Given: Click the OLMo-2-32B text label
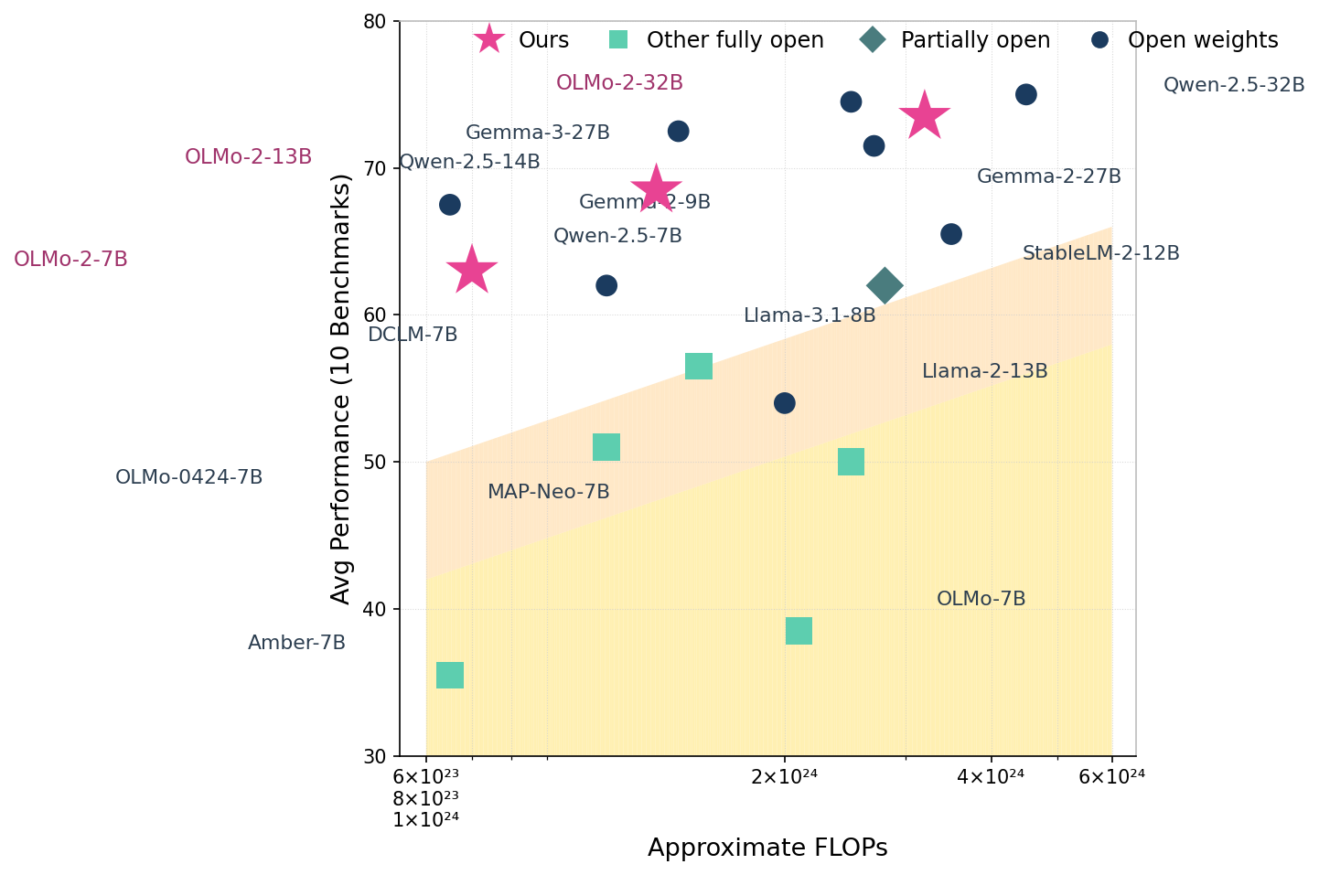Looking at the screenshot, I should [619, 83].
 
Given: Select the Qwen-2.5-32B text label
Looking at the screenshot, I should [1233, 85].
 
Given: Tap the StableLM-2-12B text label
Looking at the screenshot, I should [1100, 253].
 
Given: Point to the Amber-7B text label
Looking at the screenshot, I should [296, 643].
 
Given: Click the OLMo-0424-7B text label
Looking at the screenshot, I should [188, 477].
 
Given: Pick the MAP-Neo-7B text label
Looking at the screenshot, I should [548, 492].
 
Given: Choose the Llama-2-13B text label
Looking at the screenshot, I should [984, 371].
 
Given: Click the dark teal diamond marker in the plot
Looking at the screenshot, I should [884, 285].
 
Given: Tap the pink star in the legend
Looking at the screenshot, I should [489, 40].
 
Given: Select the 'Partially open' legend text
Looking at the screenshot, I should [975, 40].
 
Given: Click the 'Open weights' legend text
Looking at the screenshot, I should [1202, 40].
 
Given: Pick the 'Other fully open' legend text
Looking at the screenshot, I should [735, 40].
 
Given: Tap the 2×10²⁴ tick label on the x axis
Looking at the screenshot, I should [784, 777].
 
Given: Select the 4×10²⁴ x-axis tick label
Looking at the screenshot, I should [991, 777].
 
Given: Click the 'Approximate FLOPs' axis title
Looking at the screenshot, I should [767, 848].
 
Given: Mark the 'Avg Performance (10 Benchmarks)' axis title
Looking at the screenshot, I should [340, 389].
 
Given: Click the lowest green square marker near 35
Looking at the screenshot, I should [450, 676].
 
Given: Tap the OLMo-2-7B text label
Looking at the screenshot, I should [70, 260].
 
